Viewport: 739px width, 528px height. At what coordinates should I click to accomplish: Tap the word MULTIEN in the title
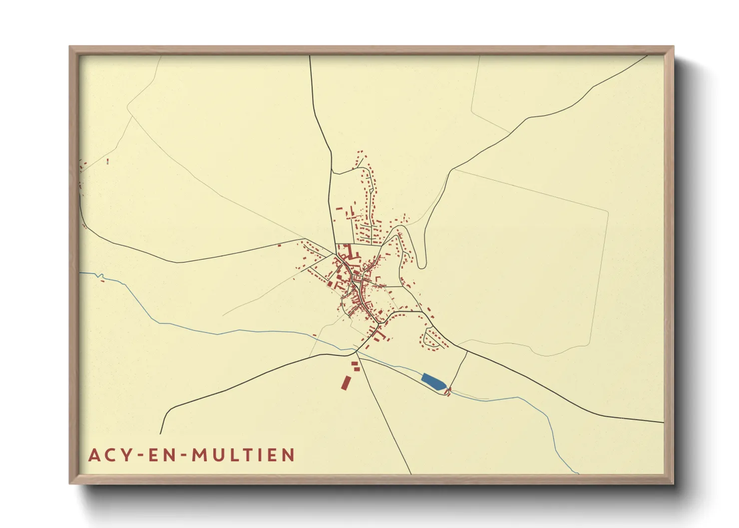(x=243, y=455)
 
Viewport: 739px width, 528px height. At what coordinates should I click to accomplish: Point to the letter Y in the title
(x=127, y=455)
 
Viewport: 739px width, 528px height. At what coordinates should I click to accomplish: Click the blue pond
(x=433, y=382)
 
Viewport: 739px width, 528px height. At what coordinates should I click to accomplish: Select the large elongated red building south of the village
(x=345, y=382)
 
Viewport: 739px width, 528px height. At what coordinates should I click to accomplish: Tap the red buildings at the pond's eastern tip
(x=448, y=392)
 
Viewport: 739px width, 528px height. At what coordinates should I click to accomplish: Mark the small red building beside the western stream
(x=102, y=281)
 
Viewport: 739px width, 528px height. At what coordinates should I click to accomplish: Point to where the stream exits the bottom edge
(x=578, y=473)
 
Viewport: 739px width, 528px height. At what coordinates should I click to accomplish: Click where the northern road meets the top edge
(x=310, y=56)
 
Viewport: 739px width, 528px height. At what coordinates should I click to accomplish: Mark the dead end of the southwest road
(x=161, y=433)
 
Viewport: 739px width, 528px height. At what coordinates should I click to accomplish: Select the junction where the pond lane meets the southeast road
(x=467, y=351)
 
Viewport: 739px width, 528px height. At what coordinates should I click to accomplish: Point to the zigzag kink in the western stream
(x=101, y=276)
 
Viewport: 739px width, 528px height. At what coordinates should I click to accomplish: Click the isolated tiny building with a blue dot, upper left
(x=107, y=161)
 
